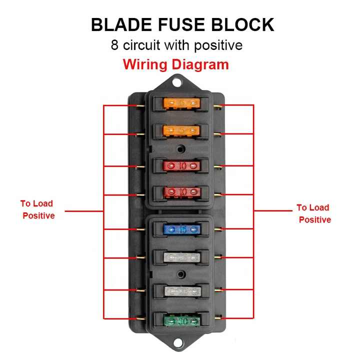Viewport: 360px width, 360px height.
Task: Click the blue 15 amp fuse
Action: coord(182,229)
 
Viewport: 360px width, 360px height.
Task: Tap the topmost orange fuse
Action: coord(182,104)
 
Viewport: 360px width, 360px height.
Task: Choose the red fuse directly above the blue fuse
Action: coord(182,192)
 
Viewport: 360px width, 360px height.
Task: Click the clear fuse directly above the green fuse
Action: coord(182,290)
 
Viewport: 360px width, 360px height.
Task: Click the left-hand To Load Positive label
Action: coord(38,209)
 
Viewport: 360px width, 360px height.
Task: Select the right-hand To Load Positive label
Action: coord(314,213)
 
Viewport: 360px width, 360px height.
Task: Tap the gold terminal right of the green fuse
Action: coord(218,317)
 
